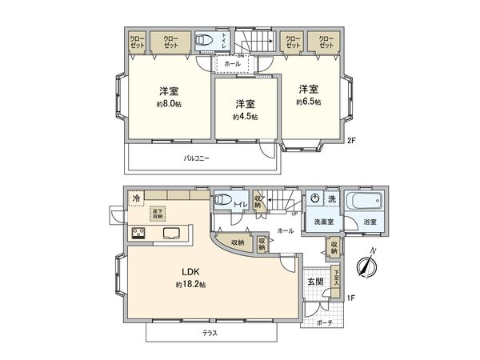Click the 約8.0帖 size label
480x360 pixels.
[x=168, y=103]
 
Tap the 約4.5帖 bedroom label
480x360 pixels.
[x=245, y=117]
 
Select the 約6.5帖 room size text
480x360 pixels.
[x=309, y=102]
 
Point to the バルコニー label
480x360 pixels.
[x=196, y=158]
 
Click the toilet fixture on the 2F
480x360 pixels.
[x=205, y=41]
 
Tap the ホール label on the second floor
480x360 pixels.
[x=232, y=62]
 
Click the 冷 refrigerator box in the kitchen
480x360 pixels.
[x=137, y=197]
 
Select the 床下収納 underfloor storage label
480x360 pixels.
[x=158, y=213]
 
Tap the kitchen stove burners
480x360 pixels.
[x=139, y=234]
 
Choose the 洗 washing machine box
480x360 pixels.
[x=330, y=198]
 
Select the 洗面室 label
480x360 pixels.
[x=322, y=222]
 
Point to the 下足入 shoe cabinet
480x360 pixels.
[x=337, y=277]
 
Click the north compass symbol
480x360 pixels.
[x=369, y=265]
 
